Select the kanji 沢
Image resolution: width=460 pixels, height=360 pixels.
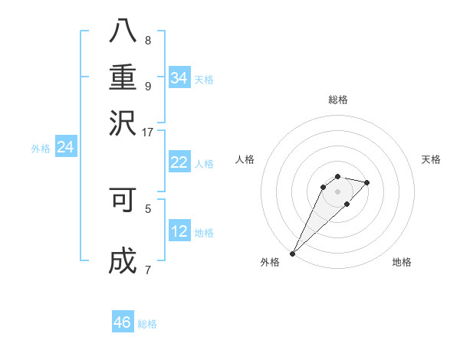pos(123,122)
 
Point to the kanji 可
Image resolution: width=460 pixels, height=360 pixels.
pos(123,200)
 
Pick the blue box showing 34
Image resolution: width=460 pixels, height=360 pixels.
pos(179,78)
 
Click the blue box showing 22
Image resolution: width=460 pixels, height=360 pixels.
pos(179,162)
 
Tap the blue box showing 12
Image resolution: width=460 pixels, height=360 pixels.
pos(179,231)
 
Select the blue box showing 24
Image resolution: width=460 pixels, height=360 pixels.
pos(65,147)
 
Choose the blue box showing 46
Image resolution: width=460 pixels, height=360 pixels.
pos(123,322)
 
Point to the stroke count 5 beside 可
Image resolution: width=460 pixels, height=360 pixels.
pos(148,207)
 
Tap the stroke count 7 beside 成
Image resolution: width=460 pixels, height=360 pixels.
pos(148,269)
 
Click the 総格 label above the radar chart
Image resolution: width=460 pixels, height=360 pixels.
pos(337,100)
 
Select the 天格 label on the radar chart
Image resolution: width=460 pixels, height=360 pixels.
pos(432,159)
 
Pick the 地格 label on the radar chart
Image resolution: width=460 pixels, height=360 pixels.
pos(402,262)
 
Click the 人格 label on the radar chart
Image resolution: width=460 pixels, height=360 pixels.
pos(245,159)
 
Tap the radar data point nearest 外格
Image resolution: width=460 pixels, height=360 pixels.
pos(292,254)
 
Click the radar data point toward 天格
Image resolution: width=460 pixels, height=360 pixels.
pos(367,182)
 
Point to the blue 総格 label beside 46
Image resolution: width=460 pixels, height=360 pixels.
pos(147,324)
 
